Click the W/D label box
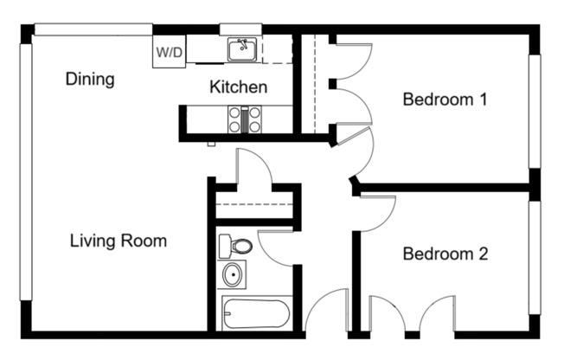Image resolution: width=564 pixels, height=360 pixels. point(170,52)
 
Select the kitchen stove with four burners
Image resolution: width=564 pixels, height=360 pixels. point(244,119)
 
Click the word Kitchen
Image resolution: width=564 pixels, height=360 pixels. point(238,87)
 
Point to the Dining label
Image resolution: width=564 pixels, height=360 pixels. point(90,80)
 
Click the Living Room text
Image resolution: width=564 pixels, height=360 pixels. point(118,241)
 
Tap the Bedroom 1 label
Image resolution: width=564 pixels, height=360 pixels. point(445,100)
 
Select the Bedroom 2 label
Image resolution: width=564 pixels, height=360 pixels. point(445,254)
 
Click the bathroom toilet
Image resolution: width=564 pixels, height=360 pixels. point(234,246)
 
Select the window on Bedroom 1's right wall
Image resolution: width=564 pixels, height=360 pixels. point(535,111)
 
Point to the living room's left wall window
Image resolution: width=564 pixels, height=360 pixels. point(26,182)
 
